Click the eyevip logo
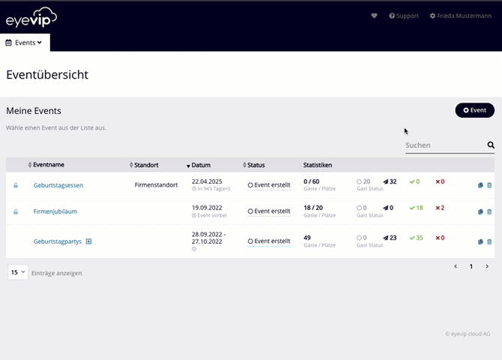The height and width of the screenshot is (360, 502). (32, 18)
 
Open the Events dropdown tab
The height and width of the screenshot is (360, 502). (24, 43)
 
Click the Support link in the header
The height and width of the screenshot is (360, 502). (404, 16)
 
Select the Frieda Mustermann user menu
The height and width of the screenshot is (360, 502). (461, 16)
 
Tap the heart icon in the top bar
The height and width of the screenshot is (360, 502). (375, 16)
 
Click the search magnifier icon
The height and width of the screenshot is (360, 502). (491, 145)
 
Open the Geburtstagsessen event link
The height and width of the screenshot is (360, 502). (58, 185)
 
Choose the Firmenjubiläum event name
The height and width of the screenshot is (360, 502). (55, 211)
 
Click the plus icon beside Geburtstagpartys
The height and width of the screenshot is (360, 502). (88, 241)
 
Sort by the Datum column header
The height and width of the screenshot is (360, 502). (200, 165)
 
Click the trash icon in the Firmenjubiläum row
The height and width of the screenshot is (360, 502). (489, 211)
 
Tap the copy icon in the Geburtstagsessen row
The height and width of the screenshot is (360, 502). (480, 185)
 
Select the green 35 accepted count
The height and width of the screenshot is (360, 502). (417, 238)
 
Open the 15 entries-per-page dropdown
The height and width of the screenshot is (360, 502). (18, 272)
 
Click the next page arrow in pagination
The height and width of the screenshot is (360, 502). (487, 266)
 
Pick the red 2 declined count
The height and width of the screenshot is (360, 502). (441, 208)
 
